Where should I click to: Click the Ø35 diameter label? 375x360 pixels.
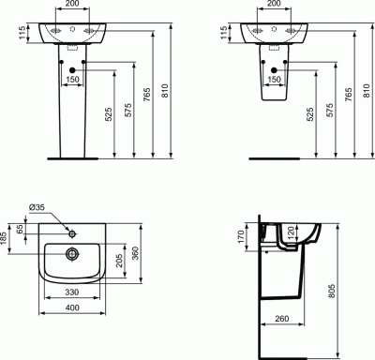(x=37, y=207)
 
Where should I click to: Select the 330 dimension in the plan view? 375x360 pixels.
(x=72, y=292)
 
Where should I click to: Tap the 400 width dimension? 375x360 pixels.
(x=72, y=307)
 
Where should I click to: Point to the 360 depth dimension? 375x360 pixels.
(x=135, y=253)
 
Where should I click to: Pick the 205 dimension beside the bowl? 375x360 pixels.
(x=119, y=260)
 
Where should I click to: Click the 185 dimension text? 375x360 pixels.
(x=4, y=238)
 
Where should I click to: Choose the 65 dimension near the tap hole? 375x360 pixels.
(x=20, y=229)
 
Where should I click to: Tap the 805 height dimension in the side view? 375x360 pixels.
(x=332, y=291)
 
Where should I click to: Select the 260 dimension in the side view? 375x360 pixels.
(x=282, y=319)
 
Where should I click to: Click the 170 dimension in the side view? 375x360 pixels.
(x=241, y=237)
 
